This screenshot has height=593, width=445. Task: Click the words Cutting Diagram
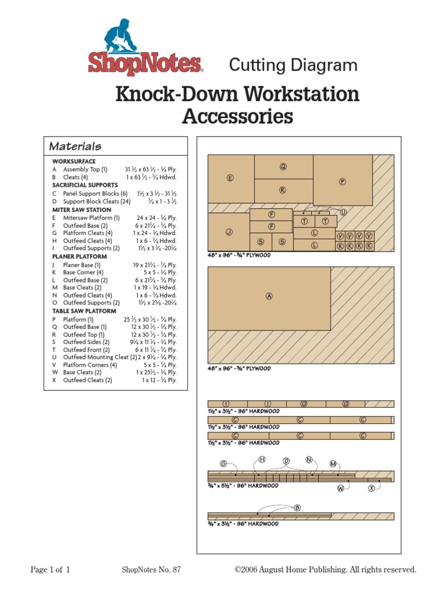click(293, 65)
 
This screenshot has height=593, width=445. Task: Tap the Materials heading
click(75, 147)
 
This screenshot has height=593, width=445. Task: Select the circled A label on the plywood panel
click(269, 296)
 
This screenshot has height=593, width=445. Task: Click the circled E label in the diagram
click(230, 178)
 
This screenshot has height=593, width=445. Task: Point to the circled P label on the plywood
click(342, 181)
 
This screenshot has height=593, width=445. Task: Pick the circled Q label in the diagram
click(283, 167)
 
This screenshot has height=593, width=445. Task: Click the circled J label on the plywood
click(229, 232)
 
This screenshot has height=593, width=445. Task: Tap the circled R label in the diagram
click(283, 190)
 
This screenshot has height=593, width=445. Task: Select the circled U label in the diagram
click(343, 213)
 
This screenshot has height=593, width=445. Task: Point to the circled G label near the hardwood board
click(224, 463)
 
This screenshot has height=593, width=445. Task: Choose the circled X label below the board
click(371, 488)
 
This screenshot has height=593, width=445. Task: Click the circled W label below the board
click(341, 488)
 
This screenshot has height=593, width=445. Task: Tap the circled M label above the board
click(333, 463)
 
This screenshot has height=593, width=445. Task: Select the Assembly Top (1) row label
click(85, 169)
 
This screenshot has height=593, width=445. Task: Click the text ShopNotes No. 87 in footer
click(152, 570)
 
